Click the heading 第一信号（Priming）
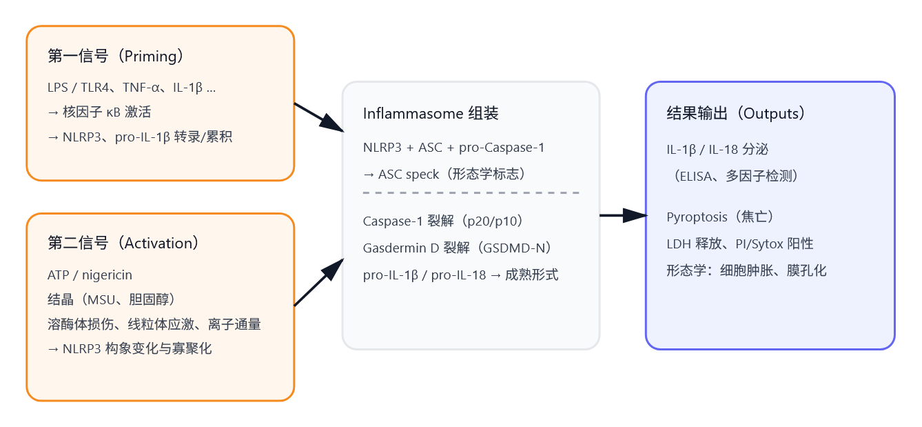coord(116,57)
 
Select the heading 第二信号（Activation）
coord(123,244)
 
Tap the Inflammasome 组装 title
coord(431,114)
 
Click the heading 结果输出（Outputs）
coord(737,114)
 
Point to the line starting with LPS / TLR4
coord(132,88)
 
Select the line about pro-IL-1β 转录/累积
coord(140,137)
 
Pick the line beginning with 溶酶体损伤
coord(154,324)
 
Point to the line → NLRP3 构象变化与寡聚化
coord(130,348)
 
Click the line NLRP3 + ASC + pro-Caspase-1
coord(454,148)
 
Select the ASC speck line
coord(444,175)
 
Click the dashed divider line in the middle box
coord(471,193)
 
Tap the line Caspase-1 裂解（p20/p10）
coord(444,221)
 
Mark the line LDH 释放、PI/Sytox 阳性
coord(740,244)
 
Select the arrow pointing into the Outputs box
coord(623,216)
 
